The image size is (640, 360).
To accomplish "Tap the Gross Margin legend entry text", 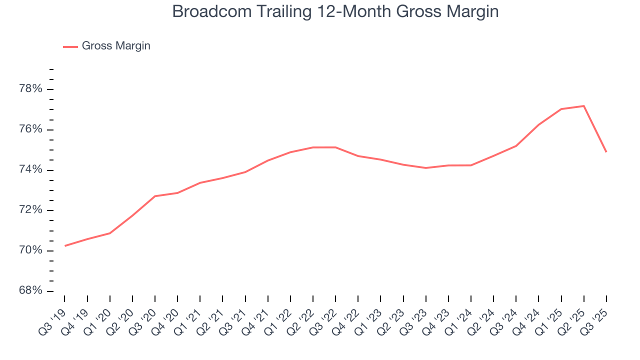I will (116, 46).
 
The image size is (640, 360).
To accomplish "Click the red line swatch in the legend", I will (70, 46).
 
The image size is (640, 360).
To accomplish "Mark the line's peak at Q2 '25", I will (583, 106).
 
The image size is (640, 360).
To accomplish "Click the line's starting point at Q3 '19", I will (65, 245).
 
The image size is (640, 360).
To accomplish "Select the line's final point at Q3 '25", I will (606, 151).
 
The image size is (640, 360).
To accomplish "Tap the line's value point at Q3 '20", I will (155, 196).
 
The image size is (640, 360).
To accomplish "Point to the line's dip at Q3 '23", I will (426, 168).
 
